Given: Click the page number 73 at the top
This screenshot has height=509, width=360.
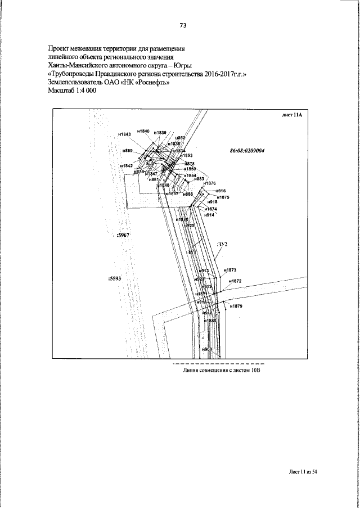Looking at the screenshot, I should click(x=183, y=25).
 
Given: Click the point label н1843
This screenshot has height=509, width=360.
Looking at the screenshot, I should click(x=125, y=134).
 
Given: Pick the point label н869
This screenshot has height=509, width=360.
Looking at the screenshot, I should click(x=128, y=151).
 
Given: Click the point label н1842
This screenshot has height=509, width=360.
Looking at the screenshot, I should click(x=126, y=166).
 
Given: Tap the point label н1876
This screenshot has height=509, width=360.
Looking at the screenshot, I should click(x=209, y=183).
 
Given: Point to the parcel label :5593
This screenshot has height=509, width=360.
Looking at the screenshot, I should click(x=115, y=278).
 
